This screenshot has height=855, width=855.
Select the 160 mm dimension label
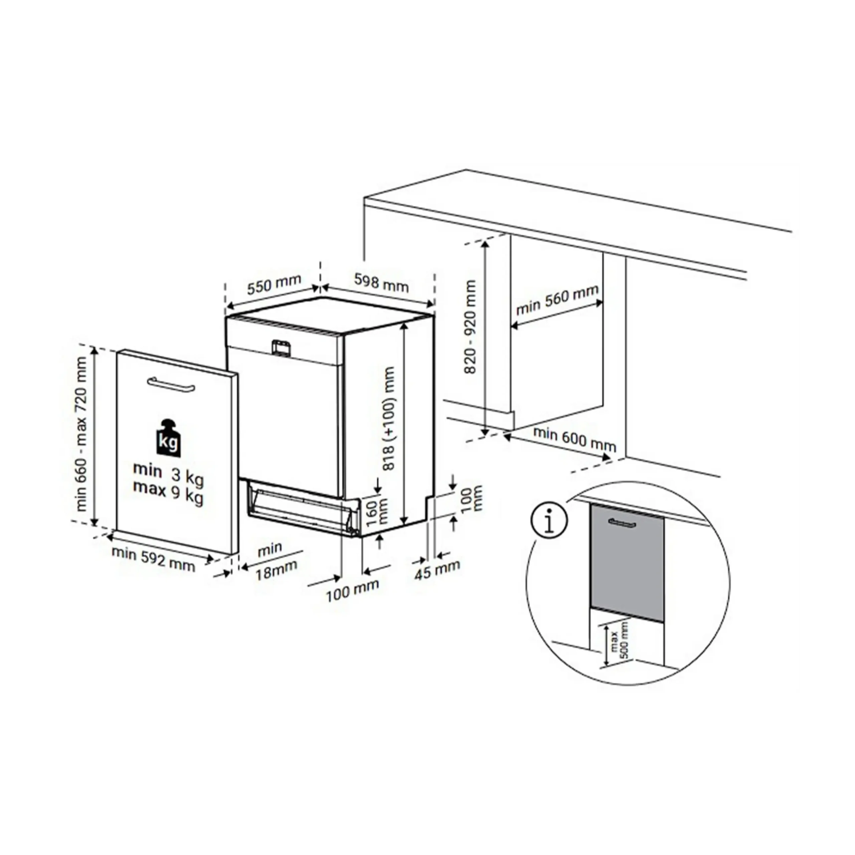coord(377,512)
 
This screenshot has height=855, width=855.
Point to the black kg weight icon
coord(169,439)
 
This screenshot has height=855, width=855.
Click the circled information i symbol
coord(549,521)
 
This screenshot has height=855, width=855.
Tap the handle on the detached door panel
coord(171,384)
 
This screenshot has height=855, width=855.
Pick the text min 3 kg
coord(169,473)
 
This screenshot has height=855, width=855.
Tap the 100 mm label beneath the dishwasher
coord(353,590)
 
